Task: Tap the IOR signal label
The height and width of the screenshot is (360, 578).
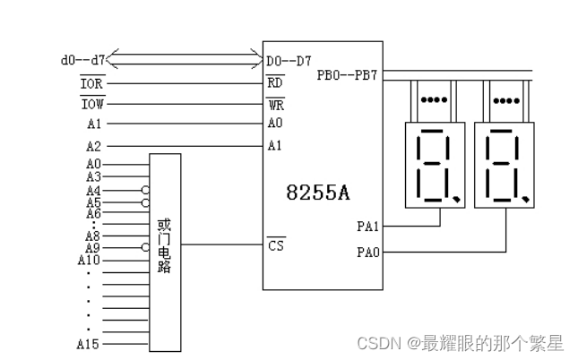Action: (92, 83)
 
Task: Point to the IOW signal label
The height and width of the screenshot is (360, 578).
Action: (92, 104)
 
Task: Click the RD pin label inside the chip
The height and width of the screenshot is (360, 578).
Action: (275, 83)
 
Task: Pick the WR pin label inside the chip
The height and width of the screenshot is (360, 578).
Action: (275, 104)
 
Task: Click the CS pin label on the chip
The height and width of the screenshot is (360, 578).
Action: (275, 244)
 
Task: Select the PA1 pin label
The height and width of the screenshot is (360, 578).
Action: (368, 227)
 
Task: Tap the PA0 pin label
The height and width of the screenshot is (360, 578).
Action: (368, 253)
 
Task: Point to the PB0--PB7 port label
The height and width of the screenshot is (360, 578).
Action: (349, 74)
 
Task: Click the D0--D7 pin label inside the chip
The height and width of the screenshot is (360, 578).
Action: (289, 61)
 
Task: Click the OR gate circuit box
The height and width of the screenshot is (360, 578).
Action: (165, 251)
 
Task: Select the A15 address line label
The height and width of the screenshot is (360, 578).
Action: (89, 343)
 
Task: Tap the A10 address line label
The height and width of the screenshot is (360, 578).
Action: (89, 260)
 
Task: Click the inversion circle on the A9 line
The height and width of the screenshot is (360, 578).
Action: (144, 247)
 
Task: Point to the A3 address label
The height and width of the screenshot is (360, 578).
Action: (93, 177)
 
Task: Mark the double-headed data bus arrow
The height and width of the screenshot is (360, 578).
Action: (185, 61)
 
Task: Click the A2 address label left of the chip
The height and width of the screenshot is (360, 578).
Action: (93, 145)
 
